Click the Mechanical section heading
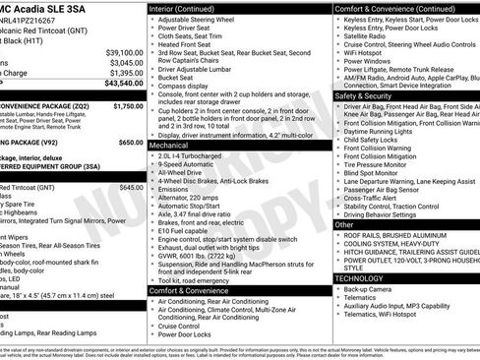click(170, 144)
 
